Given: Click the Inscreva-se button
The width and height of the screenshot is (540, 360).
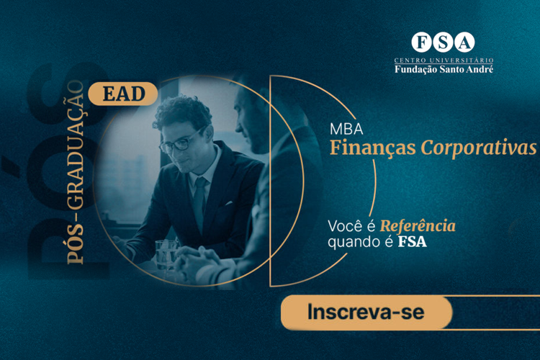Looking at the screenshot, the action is coord(366,312).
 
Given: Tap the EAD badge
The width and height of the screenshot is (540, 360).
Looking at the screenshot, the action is coord(123,94).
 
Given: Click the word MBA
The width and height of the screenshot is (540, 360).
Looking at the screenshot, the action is coord(346,129).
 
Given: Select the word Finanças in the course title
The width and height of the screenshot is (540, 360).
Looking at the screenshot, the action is coord(373,148).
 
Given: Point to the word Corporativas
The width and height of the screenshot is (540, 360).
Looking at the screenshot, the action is coord(479,148).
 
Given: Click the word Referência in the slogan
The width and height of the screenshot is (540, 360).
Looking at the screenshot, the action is coord(418,226).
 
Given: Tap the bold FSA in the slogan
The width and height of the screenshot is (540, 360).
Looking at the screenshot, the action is coord(413,242).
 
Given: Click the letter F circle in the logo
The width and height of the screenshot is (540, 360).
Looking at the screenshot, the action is coord(421,42).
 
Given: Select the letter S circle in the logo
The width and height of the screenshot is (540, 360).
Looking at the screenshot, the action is coord(443,42).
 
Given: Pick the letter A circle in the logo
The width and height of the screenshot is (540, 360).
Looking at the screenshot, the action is coord(464,42).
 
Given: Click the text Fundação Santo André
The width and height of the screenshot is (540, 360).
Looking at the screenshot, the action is coord(444,69).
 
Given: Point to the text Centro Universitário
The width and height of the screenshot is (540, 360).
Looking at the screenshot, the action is coord(444,60).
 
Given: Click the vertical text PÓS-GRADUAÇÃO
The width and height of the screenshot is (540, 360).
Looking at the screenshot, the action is coord(76,172).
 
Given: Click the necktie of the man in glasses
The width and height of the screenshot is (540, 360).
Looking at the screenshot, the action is coord(199,203).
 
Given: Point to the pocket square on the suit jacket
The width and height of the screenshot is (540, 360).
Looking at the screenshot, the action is coord(228,204).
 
